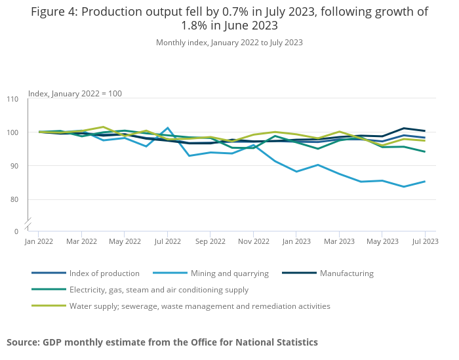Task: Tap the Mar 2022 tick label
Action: tap(81, 241)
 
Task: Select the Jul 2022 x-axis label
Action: tap(167, 241)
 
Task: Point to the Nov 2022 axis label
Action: tap(253, 241)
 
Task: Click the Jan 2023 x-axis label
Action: tap(296, 241)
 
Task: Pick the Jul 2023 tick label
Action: tap(425, 241)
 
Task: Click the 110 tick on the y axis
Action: tap(12, 99)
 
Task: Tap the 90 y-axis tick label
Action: tap(14, 166)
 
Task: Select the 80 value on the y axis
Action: tap(14, 199)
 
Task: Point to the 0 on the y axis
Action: tap(16, 231)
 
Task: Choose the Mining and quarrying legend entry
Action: tap(227, 273)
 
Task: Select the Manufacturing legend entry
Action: tap(346, 273)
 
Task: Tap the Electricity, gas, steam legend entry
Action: tap(159, 290)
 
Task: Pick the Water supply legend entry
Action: tap(199, 306)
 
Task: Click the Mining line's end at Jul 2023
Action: tap(425, 182)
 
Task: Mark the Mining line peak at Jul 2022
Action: tap(168, 128)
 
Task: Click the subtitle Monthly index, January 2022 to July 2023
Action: tap(229, 43)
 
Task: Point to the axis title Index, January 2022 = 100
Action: tap(75, 94)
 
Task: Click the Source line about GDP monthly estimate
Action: tap(162, 342)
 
